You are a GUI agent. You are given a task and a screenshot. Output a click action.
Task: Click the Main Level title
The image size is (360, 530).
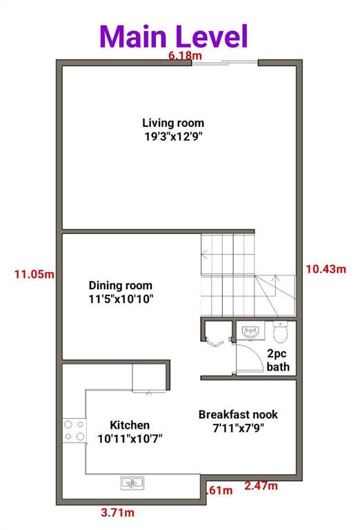point(173,35)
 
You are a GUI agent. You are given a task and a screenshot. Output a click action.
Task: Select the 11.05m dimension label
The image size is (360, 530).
point(34,274)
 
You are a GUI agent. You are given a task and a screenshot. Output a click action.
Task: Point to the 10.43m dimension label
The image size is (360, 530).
point(325,268)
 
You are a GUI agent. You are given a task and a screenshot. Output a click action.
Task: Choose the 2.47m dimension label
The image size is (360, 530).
point(261,487)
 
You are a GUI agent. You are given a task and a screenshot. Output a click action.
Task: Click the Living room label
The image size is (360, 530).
point(173,123)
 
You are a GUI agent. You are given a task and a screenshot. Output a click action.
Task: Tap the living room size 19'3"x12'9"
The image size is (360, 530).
point(173,136)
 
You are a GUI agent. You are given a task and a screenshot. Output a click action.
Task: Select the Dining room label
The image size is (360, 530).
point(121,285)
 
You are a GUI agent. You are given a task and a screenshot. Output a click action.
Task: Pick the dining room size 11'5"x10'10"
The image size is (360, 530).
point(121,299)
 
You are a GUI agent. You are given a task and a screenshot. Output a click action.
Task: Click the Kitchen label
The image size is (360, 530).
point(130,425)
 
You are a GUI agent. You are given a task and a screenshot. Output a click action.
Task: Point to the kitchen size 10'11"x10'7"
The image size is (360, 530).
point(130,438)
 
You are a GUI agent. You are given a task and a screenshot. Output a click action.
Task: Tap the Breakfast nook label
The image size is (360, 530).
point(238,414)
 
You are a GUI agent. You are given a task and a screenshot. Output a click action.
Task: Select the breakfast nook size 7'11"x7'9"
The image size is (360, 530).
point(238,427)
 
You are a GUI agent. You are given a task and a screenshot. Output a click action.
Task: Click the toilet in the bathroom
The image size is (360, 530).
point(280,332)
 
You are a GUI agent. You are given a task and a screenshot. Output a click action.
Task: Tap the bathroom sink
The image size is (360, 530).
point(249,332)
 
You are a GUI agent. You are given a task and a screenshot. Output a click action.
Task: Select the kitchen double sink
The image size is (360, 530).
point(132,483)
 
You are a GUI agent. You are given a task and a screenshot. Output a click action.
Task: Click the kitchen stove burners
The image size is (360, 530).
point(74,431)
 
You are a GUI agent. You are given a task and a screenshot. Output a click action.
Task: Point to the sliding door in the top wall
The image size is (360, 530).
point(225,63)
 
